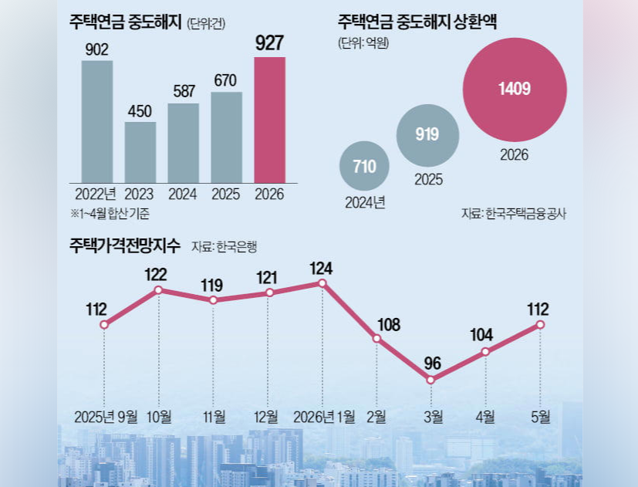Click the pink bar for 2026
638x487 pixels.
270,120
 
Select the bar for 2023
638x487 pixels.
140,153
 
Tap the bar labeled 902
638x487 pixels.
97,122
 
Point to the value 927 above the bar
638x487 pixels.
269,43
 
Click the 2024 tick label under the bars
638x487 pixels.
183,194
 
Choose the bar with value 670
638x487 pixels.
226,137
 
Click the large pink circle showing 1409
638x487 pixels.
515,90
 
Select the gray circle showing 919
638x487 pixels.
427,135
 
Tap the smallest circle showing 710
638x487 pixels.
364,166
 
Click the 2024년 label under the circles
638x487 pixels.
365,202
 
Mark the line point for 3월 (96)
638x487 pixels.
431,380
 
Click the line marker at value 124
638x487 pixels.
322,283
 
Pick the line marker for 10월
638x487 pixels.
159,290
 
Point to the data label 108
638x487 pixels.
389,325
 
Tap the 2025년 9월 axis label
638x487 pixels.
106,417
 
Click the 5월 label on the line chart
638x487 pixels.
540,417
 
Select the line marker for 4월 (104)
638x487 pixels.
485,351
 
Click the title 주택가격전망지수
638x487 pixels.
124,245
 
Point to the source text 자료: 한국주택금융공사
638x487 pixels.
514,214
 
